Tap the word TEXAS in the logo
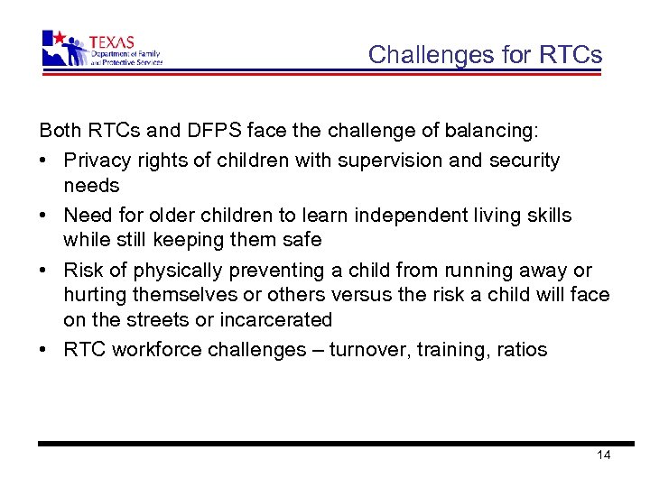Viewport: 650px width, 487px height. (111, 41)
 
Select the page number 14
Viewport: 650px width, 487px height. (604, 455)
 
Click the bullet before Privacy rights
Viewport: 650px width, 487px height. (44, 161)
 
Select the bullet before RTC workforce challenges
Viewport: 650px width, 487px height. (44, 351)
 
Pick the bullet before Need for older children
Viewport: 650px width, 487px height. (44, 216)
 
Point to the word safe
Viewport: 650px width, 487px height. (302, 241)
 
